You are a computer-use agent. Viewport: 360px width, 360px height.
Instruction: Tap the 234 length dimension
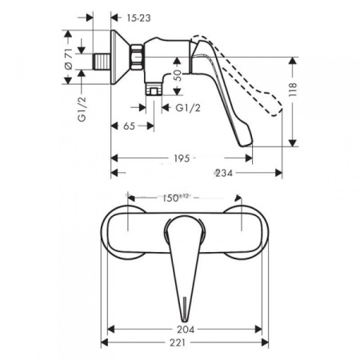tap(226, 172)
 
